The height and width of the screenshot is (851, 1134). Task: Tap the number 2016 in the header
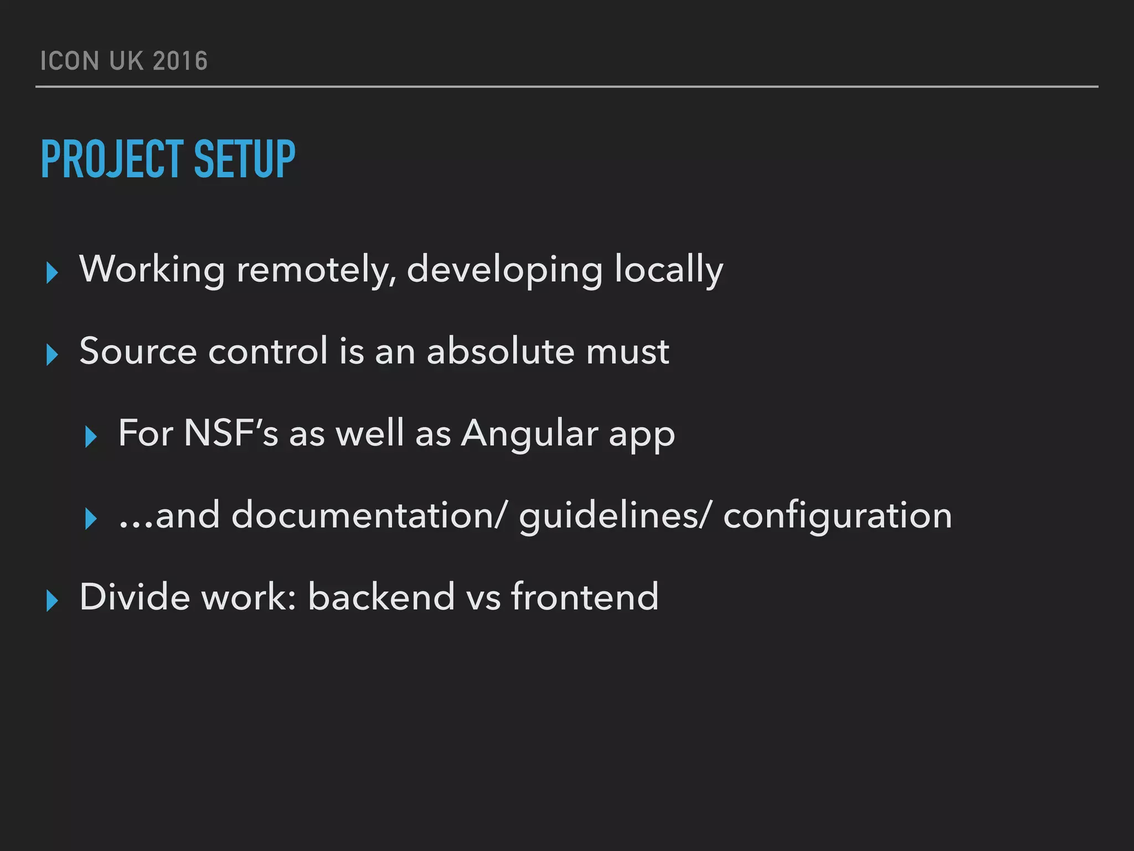[180, 61]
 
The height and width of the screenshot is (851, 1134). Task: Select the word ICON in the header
[70, 61]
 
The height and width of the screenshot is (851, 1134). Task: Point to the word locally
[668, 270]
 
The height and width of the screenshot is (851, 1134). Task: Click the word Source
[138, 351]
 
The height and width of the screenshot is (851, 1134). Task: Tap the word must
[627, 351]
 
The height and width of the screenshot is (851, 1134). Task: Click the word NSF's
[231, 433]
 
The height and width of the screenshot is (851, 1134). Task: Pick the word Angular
[529, 433]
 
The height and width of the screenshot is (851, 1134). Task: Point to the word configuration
[837, 515]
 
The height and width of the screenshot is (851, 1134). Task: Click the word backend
[381, 597]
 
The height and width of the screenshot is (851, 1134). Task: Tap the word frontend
[585, 597]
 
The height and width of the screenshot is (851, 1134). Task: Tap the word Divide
[135, 597]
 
